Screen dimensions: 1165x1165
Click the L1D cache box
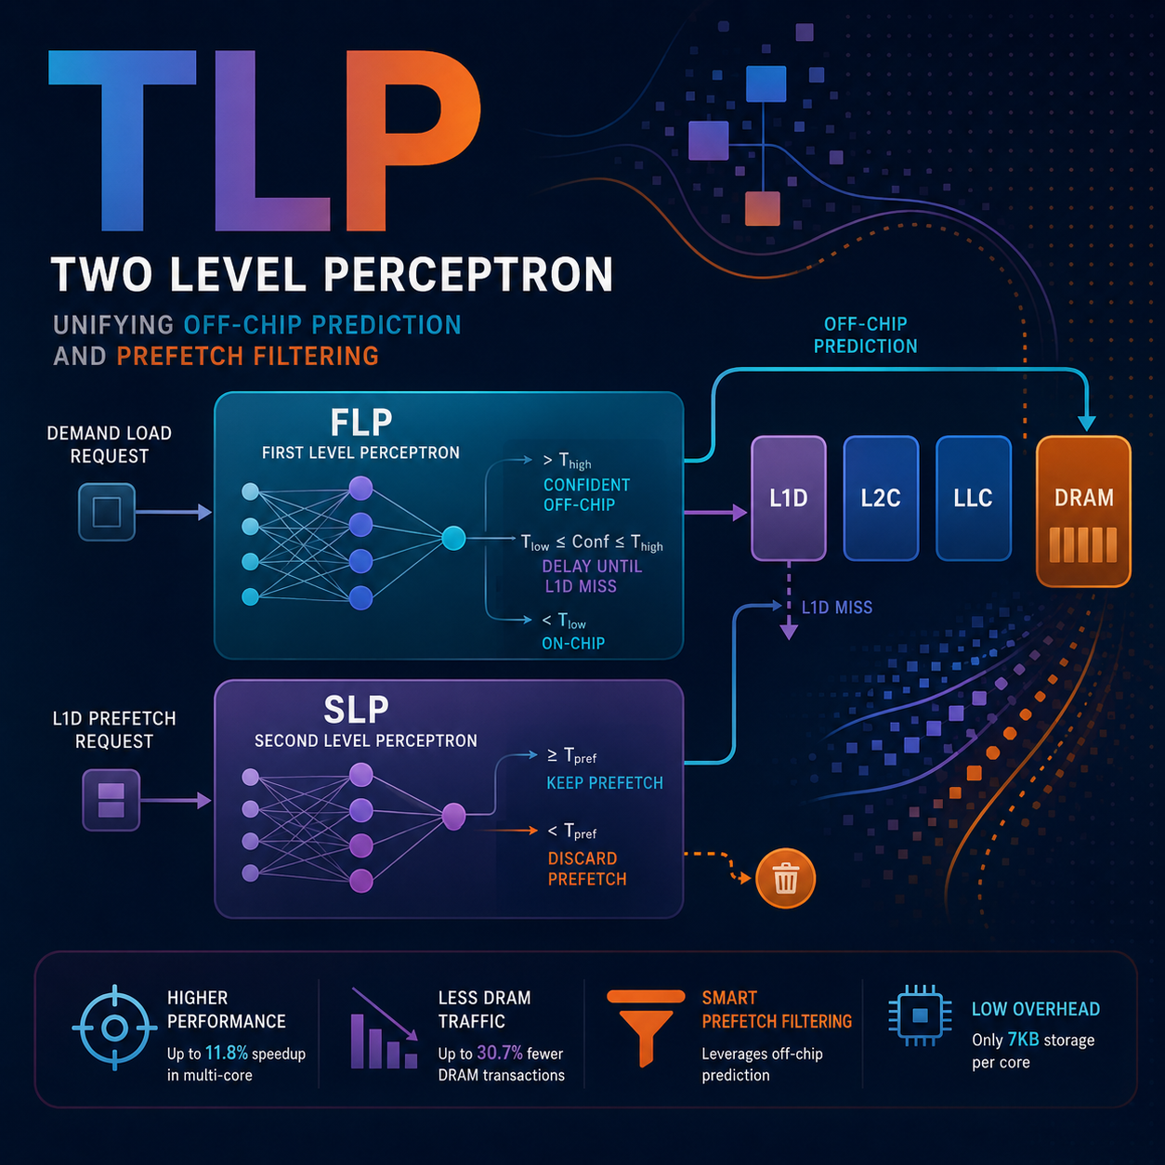pyautogui.click(x=789, y=498)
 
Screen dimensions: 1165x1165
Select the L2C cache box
pyautogui.click(x=881, y=498)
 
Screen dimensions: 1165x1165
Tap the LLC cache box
pyautogui.click(x=974, y=498)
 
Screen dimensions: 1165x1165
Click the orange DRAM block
pyautogui.click(x=1083, y=511)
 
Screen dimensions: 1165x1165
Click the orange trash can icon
pyautogui.click(x=785, y=879)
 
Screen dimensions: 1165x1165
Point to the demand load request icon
pyautogui.click(x=107, y=512)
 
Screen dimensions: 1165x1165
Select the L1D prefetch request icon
pyautogui.click(x=111, y=800)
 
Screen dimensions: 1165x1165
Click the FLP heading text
pyautogui.click(x=360, y=423)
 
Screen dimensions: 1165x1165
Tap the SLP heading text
pyautogui.click(x=356, y=710)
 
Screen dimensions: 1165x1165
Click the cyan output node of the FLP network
pyautogui.click(x=453, y=538)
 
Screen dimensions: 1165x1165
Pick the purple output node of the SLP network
pyautogui.click(x=453, y=817)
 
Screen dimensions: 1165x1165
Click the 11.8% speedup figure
pyautogui.click(x=226, y=1054)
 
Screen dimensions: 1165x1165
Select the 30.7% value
pyautogui.click(x=500, y=1054)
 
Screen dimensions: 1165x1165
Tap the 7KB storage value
pyautogui.click(x=1023, y=1040)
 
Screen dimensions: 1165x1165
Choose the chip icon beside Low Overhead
pyautogui.click(x=920, y=1015)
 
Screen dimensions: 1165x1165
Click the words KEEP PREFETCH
pyautogui.click(x=605, y=783)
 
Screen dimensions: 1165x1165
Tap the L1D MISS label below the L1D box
pyautogui.click(x=837, y=608)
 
